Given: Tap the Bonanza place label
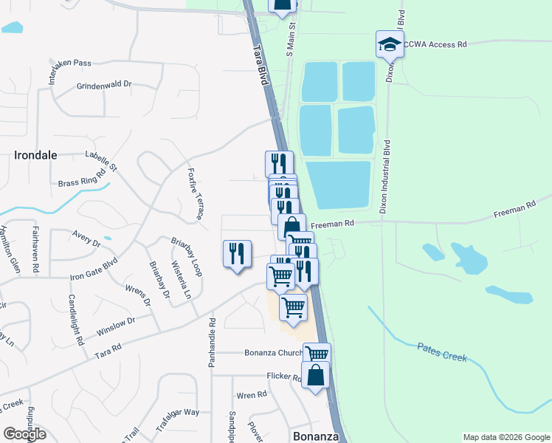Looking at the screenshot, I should [x=316, y=436].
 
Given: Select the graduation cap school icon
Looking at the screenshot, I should [x=390, y=45].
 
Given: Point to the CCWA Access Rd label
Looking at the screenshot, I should [x=436, y=44].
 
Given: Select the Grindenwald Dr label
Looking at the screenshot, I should [x=103, y=86].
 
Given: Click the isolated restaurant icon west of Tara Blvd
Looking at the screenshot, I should [x=237, y=254].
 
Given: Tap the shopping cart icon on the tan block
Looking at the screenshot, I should [x=294, y=306].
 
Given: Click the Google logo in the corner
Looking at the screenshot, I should [x=24, y=434].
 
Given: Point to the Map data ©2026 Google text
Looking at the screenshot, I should [x=506, y=437].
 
